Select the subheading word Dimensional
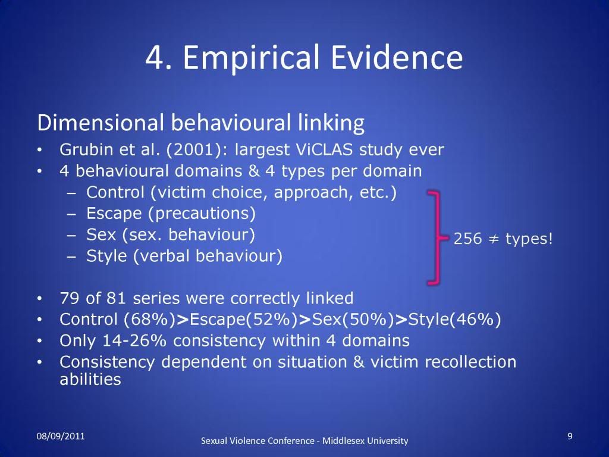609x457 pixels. click(x=100, y=123)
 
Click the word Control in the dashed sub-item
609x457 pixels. click(x=115, y=192)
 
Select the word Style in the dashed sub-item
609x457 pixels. click(x=106, y=256)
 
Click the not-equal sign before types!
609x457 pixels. click(x=494, y=239)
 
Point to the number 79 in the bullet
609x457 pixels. click(x=70, y=299)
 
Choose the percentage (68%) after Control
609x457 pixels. click(x=150, y=320)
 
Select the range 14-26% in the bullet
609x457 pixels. click(x=134, y=341)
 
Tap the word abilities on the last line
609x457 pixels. click(x=90, y=379)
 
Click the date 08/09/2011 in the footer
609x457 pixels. click(x=61, y=436)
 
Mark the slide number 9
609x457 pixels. click(x=570, y=436)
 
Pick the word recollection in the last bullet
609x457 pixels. click(x=470, y=362)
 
